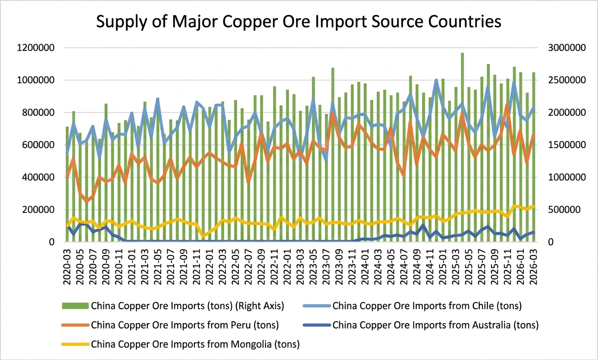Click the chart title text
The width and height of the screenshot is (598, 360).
299,21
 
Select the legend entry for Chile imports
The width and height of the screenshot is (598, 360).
427,306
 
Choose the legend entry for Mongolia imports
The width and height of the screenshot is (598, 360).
195,345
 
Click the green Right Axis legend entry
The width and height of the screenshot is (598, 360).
187,306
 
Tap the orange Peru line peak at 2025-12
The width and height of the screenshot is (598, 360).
508,105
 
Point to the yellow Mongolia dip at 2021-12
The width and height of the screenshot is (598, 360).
203,236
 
